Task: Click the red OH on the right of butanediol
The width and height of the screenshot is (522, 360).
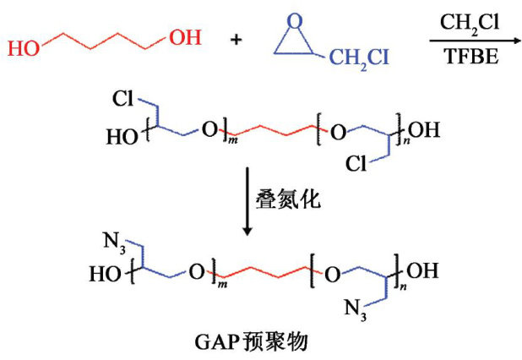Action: (x=185, y=37)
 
